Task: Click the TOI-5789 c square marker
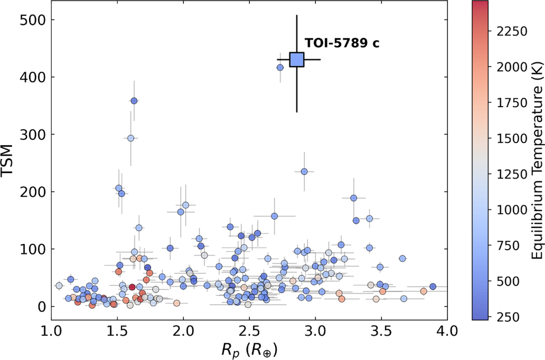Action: click(297, 59)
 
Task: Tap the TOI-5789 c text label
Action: click(342, 44)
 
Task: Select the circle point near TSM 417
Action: click(280, 68)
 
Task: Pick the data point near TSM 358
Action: click(134, 101)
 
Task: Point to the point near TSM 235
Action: click(304, 172)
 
